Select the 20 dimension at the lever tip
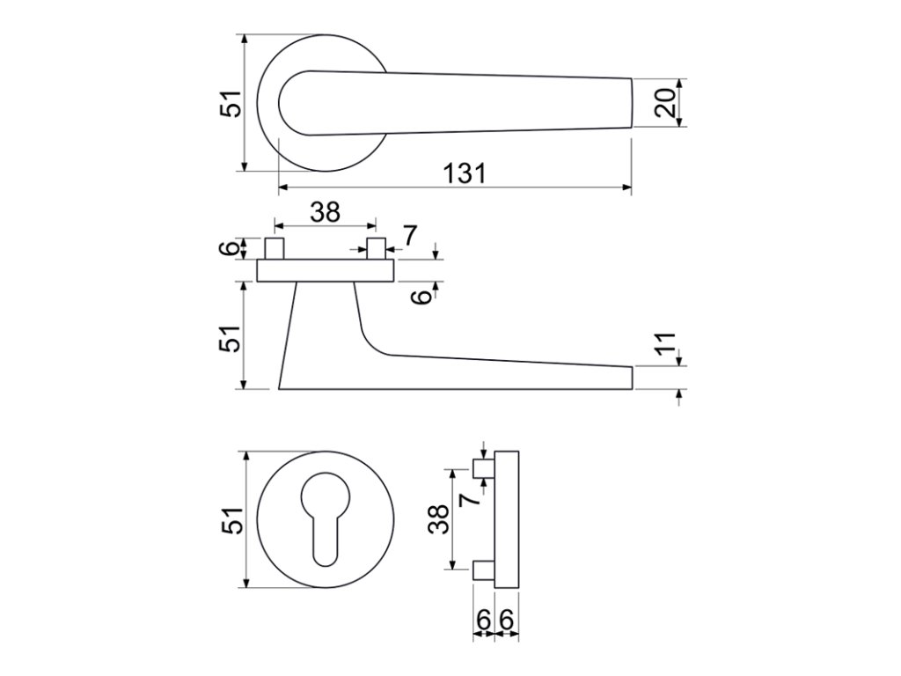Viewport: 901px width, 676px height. [665, 103]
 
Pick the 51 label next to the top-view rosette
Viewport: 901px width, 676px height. [231, 103]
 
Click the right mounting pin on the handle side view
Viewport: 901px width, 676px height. [377, 247]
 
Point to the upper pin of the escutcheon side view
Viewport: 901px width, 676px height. [483, 468]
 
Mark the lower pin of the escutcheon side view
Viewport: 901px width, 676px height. [483, 570]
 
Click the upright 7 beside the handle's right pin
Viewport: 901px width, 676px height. [409, 235]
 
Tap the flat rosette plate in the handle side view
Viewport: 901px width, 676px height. [326, 270]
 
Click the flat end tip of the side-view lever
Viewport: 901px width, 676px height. [630, 377]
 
